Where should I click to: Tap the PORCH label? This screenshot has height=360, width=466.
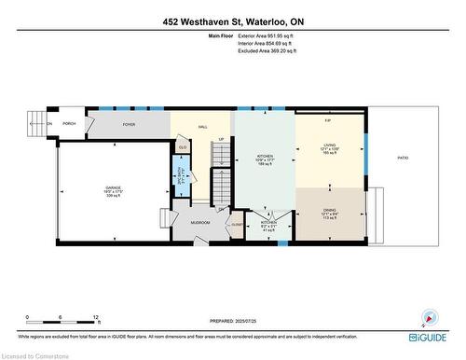coord(68,123)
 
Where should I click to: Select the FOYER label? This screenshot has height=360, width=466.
coord(129,123)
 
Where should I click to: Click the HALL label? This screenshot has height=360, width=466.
coord(202,127)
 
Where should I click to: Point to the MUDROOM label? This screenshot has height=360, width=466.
coord(200,223)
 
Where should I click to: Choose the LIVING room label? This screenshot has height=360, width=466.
coord(330,145)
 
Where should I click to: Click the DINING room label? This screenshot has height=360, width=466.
coord(330,209)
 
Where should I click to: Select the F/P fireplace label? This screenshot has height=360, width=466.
coord(327,121)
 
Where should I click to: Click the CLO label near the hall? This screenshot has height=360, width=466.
coord(183,147)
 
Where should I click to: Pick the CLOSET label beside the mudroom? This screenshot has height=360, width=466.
coord(237,225)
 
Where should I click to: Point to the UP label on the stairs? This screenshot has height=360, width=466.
coord(221,140)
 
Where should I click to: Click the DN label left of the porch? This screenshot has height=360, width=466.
coord(48,123)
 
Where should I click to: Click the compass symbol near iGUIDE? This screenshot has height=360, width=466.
coord(430,316)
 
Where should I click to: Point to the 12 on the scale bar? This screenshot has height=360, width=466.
coord(96,318)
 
